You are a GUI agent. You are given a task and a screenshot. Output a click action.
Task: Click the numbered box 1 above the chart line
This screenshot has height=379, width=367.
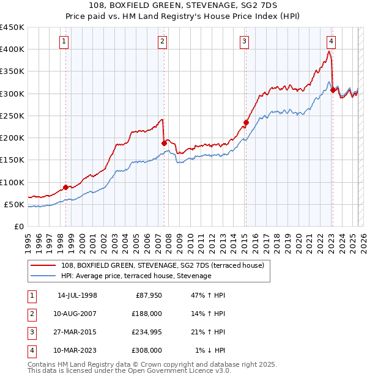[65, 42]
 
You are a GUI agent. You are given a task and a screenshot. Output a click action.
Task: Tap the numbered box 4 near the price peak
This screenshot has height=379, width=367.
[331, 42]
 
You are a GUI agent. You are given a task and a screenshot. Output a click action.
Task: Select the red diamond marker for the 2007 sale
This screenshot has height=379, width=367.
[164, 143]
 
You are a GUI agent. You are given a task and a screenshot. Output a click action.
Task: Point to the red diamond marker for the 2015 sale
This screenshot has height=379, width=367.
[246, 122]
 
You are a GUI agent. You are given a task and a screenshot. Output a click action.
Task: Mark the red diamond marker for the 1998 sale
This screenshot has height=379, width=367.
[65, 187]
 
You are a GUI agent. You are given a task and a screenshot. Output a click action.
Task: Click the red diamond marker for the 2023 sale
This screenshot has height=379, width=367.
[333, 90]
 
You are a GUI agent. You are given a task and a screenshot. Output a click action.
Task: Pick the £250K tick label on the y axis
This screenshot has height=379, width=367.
[12, 116]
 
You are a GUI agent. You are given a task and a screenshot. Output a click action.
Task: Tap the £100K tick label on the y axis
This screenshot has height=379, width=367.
[12, 182]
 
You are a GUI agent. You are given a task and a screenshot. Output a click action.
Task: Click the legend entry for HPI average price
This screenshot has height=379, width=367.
[136, 276]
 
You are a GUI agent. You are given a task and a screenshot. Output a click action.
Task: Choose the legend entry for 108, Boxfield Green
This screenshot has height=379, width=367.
[162, 265]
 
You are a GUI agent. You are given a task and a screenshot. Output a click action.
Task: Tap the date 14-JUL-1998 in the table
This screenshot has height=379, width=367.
[77, 295]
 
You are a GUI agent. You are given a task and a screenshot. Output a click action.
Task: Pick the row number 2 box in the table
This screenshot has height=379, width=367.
[31, 314]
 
